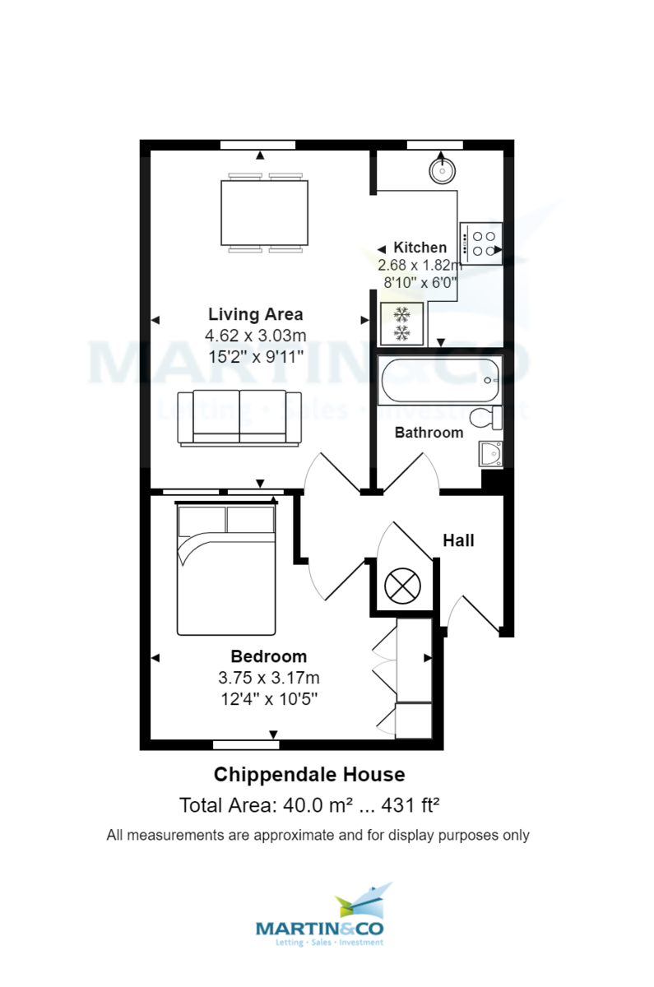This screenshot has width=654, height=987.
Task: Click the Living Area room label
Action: tap(255, 314)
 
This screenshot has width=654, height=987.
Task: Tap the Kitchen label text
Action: tap(420, 248)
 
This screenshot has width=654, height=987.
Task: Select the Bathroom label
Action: tap(429, 433)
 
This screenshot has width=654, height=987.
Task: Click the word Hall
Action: tap(458, 540)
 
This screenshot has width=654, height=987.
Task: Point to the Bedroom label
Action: tap(268, 656)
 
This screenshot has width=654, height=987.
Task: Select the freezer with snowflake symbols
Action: tap(402, 323)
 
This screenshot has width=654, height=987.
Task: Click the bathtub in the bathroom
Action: tap(439, 380)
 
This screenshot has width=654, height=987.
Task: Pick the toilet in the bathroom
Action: tap(492, 418)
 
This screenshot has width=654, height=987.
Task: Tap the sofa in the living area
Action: tap(240, 418)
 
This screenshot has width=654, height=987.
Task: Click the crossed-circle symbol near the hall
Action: tap(401, 586)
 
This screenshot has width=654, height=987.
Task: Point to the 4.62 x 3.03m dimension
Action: tap(255, 336)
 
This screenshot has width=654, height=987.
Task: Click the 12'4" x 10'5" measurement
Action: tap(268, 699)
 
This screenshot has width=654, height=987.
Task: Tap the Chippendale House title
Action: tap(309, 775)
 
